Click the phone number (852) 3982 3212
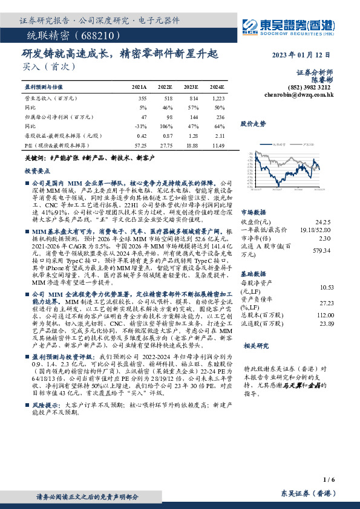tap(314, 87)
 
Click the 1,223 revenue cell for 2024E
tap(218, 98)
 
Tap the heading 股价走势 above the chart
tap(252, 123)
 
